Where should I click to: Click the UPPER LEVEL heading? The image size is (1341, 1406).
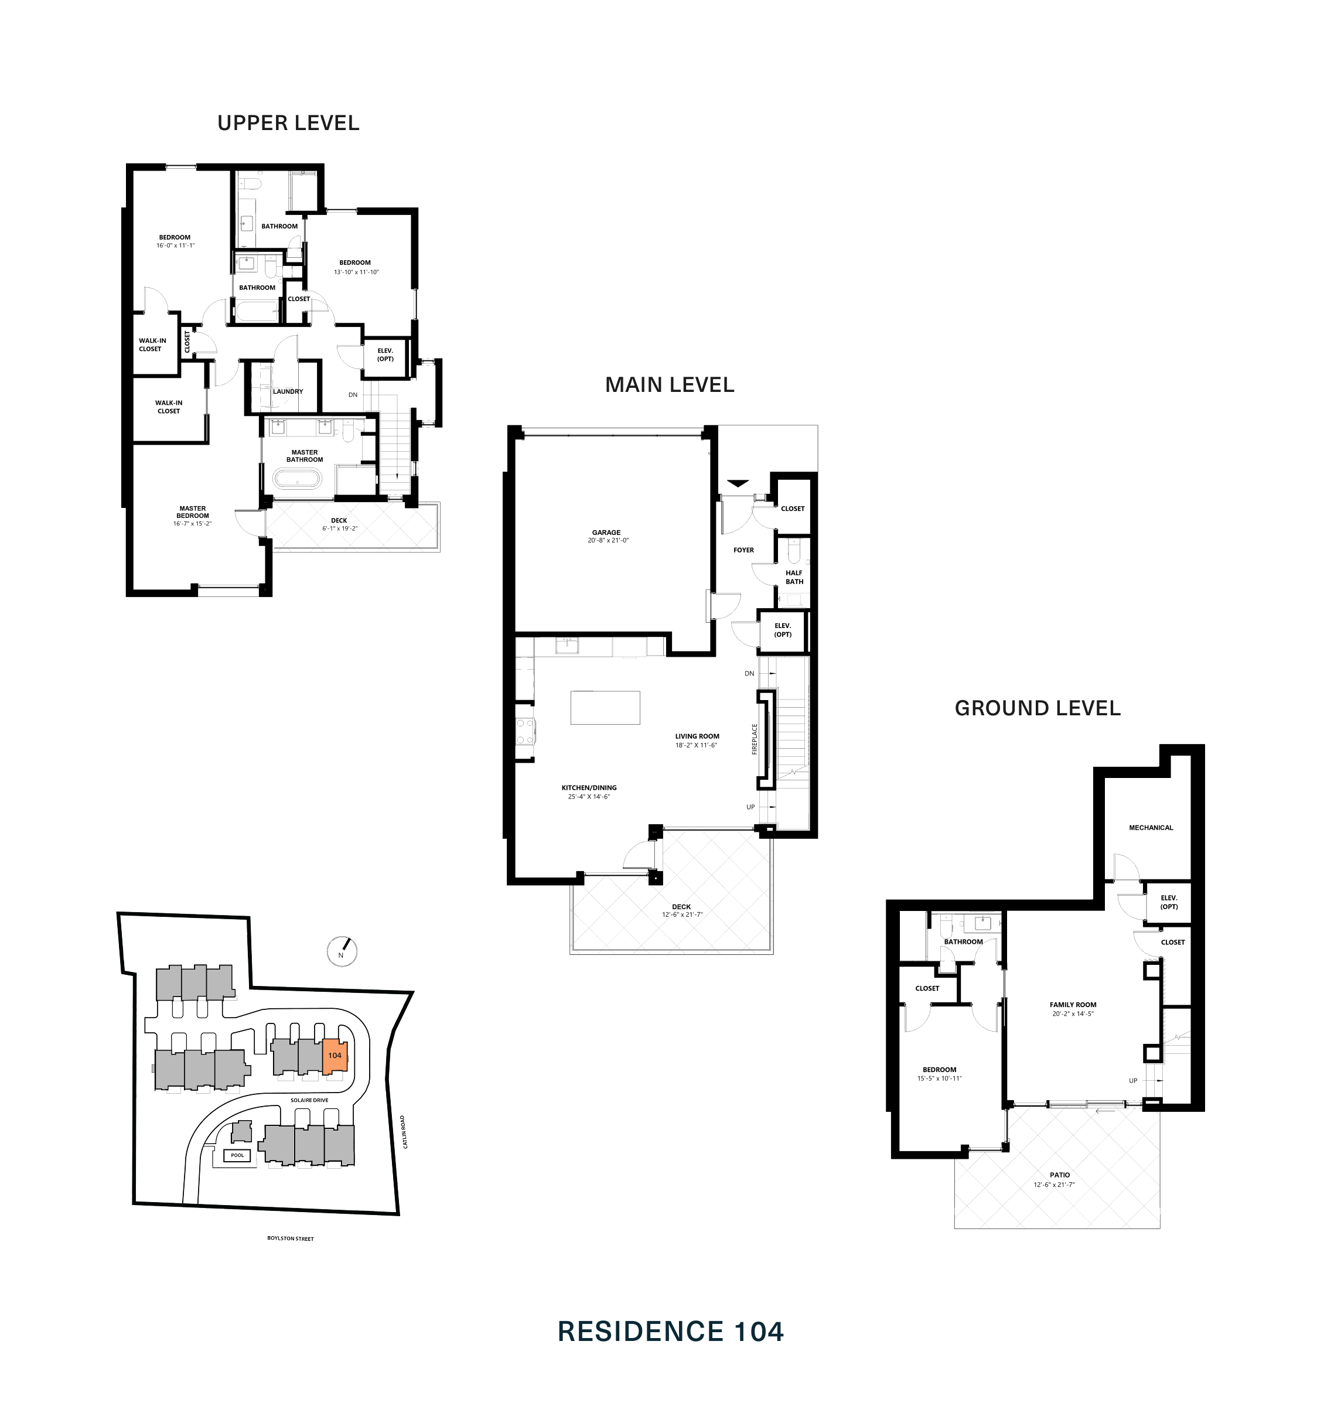pos(288,123)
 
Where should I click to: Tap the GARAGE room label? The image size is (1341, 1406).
pos(606,533)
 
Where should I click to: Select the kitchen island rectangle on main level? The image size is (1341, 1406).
pos(605,708)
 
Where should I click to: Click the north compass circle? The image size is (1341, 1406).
pos(342,951)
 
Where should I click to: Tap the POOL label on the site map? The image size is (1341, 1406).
pos(237,1155)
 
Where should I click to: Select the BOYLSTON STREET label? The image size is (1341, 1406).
pos(290,1238)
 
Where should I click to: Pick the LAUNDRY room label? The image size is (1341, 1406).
pos(287,392)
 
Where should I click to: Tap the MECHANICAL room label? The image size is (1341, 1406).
pos(1151,828)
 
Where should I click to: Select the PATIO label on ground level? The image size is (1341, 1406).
pos(1059,1175)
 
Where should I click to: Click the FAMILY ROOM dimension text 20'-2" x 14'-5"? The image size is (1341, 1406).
pos(1072,1013)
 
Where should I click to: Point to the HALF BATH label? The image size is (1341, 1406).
pos(794,577)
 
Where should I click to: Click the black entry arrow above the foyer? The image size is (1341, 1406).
pos(738,483)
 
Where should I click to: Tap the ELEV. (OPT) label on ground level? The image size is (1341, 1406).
pos(1169,902)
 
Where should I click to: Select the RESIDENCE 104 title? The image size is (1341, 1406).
pos(670,1332)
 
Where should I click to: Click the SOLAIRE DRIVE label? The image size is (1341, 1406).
pos(309,1100)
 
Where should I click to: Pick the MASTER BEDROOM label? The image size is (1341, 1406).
pos(192,512)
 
